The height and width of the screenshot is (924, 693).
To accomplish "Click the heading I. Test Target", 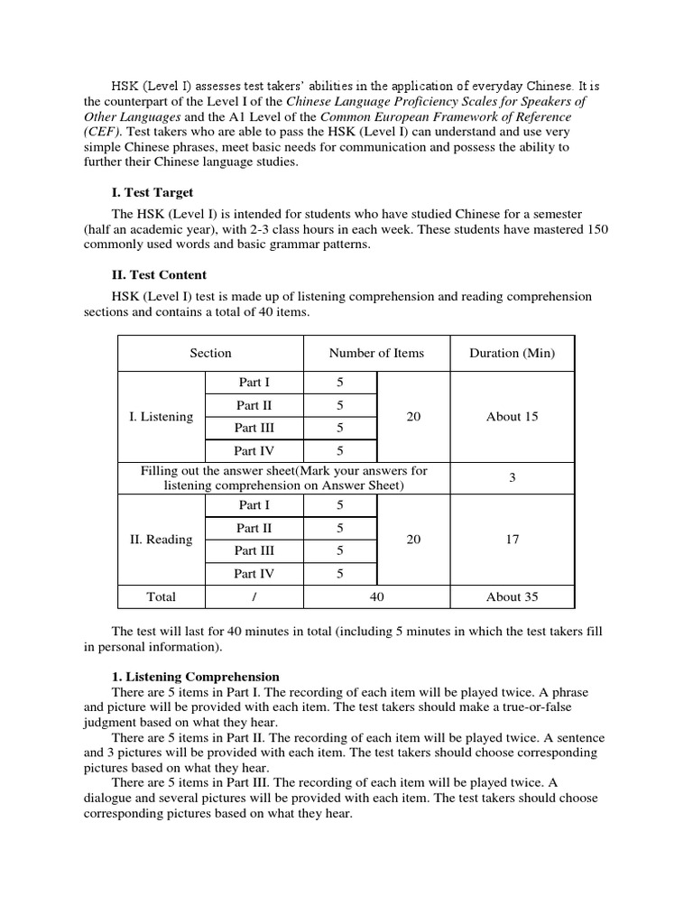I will (x=152, y=192).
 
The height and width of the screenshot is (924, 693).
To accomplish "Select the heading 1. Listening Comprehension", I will (x=196, y=676).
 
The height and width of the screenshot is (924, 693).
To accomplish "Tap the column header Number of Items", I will (x=376, y=353).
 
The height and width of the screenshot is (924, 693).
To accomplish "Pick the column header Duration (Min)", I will (x=512, y=353).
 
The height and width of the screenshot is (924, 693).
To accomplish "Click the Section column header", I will (x=210, y=353).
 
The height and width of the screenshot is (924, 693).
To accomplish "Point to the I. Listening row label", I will (x=162, y=417).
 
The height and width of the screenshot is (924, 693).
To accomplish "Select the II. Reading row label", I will (x=162, y=540).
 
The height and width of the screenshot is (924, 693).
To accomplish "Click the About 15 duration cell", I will (x=512, y=417).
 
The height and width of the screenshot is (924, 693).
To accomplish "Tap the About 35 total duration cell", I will (x=512, y=596).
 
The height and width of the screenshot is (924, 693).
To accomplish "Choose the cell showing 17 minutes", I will (x=512, y=540).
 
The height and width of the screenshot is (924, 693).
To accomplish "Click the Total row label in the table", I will (x=162, y=596).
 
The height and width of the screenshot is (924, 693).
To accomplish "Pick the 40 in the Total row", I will (x=376, y=596).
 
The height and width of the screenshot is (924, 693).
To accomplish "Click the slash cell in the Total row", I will (x=254, y=596).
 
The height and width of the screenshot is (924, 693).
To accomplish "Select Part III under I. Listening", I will (x=254, y=428).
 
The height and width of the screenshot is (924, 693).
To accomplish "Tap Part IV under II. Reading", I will (x=254, y=573).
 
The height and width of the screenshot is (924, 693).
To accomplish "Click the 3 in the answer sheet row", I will (x=512, y=477).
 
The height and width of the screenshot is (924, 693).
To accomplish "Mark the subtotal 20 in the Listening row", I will (x=414, y=417).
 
